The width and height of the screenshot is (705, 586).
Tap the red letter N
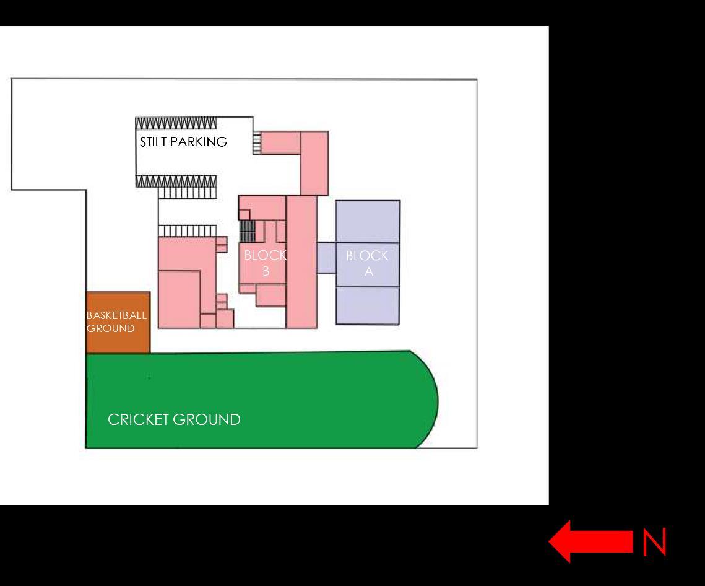coord(655,543)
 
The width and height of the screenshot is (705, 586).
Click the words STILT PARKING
coord(183,142)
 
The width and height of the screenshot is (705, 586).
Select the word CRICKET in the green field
coord(138,419)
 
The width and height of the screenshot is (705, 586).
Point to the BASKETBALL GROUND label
coord(116,321)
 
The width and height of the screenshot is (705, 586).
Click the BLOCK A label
coord(368,263)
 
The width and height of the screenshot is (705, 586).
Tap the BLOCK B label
coord(265,263)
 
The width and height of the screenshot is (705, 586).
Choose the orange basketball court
coord(118,338)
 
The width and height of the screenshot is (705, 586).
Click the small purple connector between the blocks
coord(326,258)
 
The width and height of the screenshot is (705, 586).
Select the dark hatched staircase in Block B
coord(248,231)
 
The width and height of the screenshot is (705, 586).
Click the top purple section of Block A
coord(368,221)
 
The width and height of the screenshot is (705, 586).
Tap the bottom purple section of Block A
coord(368,305)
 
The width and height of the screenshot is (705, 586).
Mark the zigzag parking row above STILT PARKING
coord(176,123)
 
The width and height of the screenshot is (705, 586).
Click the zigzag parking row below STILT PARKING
coord(176,181)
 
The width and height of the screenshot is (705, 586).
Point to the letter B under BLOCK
coord(266,271)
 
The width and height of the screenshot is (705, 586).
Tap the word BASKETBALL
coord(116,315)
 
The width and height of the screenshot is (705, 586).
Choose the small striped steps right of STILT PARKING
coord(257,143)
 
